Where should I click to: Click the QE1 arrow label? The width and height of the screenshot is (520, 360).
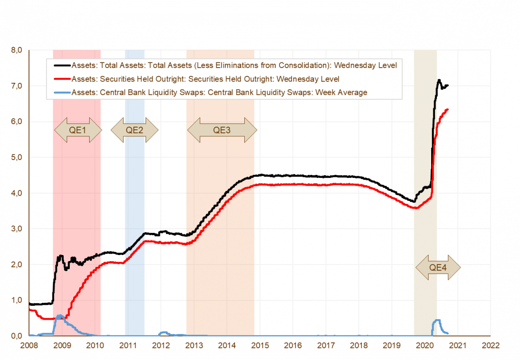click(78, 130)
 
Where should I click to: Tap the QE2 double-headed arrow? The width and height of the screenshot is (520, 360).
click(134, 130)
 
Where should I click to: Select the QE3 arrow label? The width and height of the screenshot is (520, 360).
click(222, 130)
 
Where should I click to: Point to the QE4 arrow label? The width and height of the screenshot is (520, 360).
click(438, 267)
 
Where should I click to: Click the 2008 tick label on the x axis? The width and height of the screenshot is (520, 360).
click(29, 345)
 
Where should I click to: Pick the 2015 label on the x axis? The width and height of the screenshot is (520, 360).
click(260, 345)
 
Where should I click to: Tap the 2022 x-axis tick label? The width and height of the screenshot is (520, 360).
click(491, 345)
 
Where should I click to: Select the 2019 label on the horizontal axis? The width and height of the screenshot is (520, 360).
click(392, 345)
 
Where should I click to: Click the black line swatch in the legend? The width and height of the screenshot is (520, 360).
click(62, 66)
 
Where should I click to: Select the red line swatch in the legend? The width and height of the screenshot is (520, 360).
click(62, 79)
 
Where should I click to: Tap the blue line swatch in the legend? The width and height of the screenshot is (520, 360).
click(62, 92)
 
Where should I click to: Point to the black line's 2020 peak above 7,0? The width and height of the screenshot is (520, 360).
click(439, 80)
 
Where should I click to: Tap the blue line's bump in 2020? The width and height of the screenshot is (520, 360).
click(438, 321)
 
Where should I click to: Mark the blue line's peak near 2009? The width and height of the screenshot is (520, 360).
click(59, 316)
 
